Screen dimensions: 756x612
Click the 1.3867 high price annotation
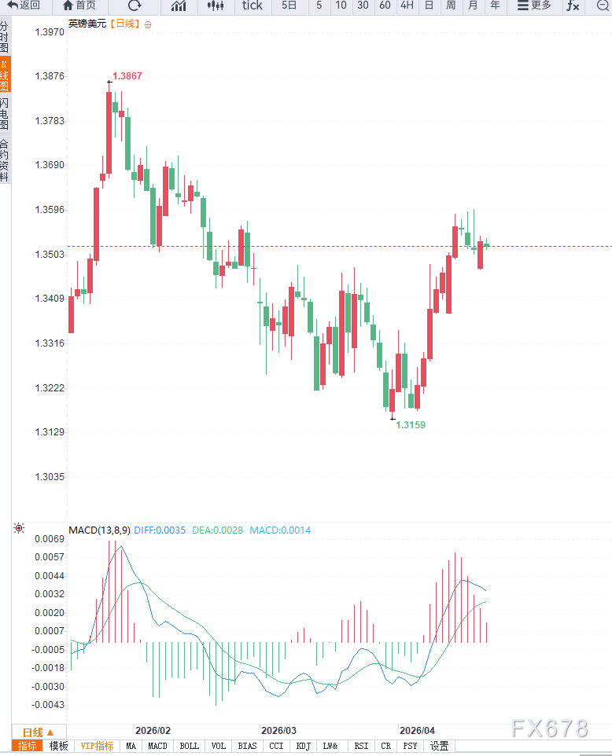point(127,76)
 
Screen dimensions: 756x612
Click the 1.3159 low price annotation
point(410,424)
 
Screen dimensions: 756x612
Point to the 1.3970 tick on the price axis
point(50,32)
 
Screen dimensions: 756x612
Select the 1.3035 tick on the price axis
point(50,477)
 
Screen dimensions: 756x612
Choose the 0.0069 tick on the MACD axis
point(49,539)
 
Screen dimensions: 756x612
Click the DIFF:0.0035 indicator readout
point(160,530)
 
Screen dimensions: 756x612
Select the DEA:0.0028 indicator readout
point(218,530)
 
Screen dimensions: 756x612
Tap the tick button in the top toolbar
point(253,6)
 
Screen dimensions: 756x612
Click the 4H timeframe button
point(407,6)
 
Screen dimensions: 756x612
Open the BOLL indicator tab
point(189,746)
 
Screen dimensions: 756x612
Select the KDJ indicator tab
point(303,746)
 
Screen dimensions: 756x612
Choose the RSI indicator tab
point(361,746)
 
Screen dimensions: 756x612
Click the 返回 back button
point(24,6)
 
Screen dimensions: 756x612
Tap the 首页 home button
point(79,6)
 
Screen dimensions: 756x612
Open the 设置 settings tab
point(439,746)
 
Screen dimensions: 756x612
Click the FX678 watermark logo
point(549,728)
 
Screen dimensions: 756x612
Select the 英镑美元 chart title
point(87,24)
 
